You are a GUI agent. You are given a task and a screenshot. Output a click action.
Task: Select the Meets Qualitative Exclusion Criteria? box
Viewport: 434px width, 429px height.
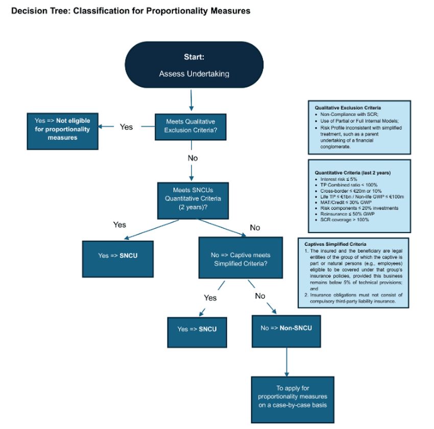click(190, 126)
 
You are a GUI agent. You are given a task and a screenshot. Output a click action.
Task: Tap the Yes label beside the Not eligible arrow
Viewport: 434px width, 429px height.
click(126, 127)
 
